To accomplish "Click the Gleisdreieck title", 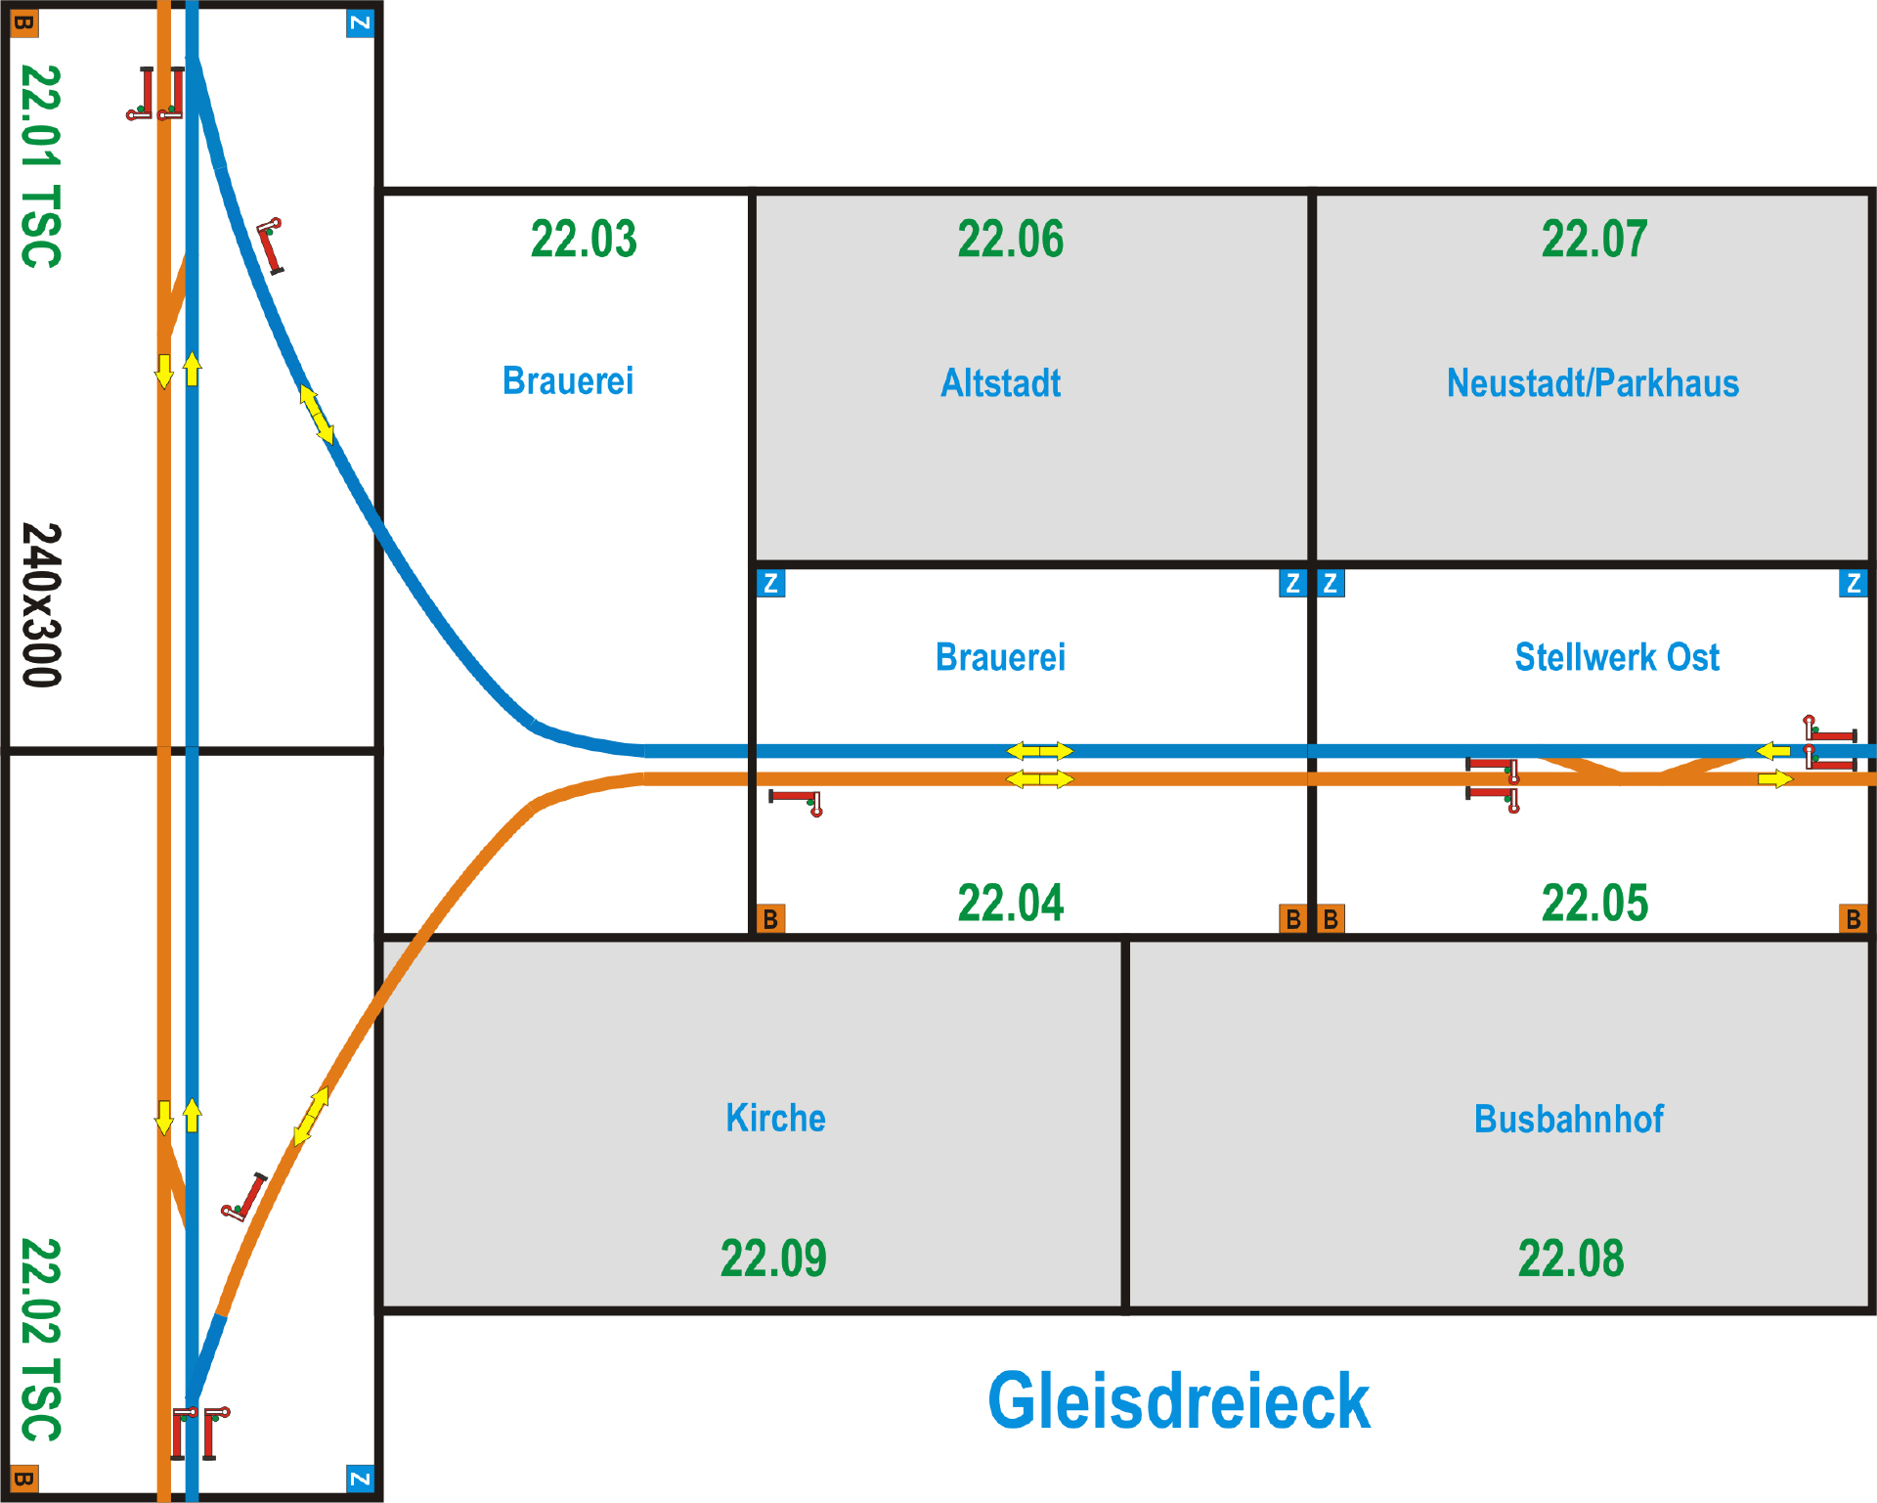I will tap(1178, 1400).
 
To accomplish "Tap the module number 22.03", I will tap(584, 240).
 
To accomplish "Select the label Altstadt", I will tap(1000, 383).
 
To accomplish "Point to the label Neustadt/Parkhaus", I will tap(1593, 383).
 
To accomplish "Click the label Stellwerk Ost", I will tap(1617, 657).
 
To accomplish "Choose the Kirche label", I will tap(775, 1118).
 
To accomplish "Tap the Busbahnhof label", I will tap(1568, 1119).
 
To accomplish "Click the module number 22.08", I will tap(1570, 1259).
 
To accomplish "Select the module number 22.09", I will tap(773, 1259).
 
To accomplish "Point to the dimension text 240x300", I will tap(42, 605).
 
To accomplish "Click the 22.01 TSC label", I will tap(42, 166).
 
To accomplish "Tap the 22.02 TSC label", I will tap(42, 1340).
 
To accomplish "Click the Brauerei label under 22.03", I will tap(568, 381).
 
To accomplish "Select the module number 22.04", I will tap(1010, 903).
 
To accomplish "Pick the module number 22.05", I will tap(1594, 903).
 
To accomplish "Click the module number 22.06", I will tap(1010, 240).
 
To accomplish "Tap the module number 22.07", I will tap(1594, 240).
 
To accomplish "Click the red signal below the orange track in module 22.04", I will tap(796, 801).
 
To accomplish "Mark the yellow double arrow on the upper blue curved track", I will tap(316, 414).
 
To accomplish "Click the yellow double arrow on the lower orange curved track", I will tap(312, 1115).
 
